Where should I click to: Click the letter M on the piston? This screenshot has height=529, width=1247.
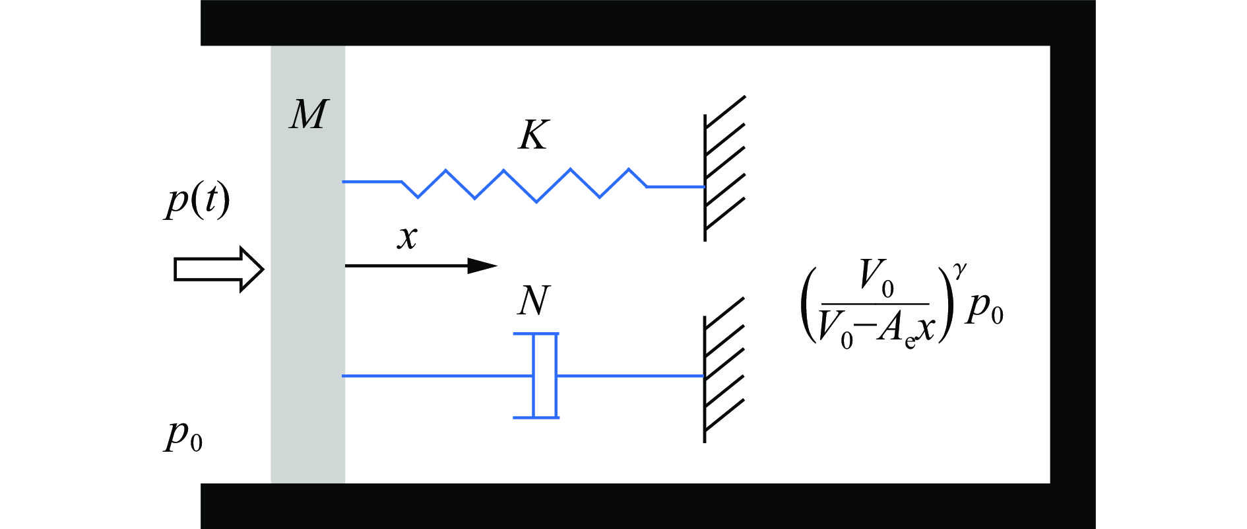(307, 115)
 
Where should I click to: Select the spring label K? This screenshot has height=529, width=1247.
(533, 135)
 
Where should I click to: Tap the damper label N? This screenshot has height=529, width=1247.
(533, 301)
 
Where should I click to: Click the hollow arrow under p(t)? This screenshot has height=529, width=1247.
(218, 269)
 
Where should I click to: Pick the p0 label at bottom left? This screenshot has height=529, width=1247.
(183, 436)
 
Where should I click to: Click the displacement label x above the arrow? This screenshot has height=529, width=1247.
(408, 236)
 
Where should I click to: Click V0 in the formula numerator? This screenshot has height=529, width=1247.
(877, 278)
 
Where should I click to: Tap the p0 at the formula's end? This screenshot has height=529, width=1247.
(984, 308)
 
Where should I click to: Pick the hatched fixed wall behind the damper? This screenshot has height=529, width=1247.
(724, 370)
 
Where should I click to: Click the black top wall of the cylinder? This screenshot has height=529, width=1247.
(647, 22)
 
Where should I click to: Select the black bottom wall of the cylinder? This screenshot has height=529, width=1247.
(647, 506)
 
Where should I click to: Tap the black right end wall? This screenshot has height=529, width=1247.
(1072, 264)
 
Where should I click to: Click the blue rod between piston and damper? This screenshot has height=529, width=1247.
(435, 376)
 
